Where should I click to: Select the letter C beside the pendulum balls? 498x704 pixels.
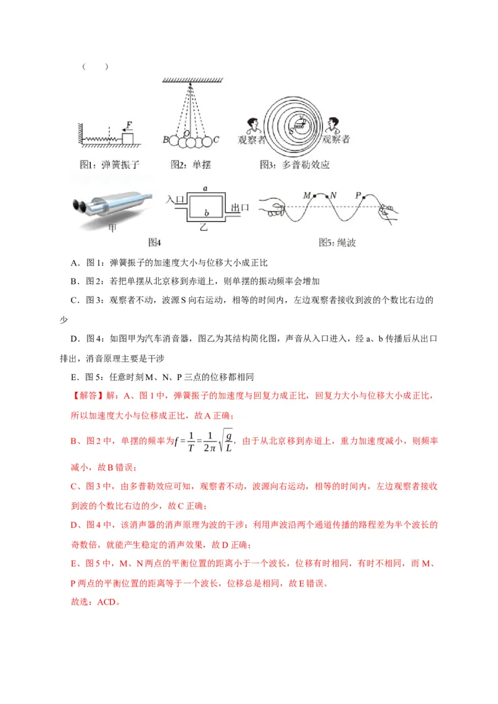click(215, 140)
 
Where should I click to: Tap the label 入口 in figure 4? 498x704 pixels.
click(176, 200)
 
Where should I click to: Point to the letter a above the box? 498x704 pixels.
click(205, 187)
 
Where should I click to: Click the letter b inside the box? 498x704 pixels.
click(205, 213)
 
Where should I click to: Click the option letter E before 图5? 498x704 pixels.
click(73, 377)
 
